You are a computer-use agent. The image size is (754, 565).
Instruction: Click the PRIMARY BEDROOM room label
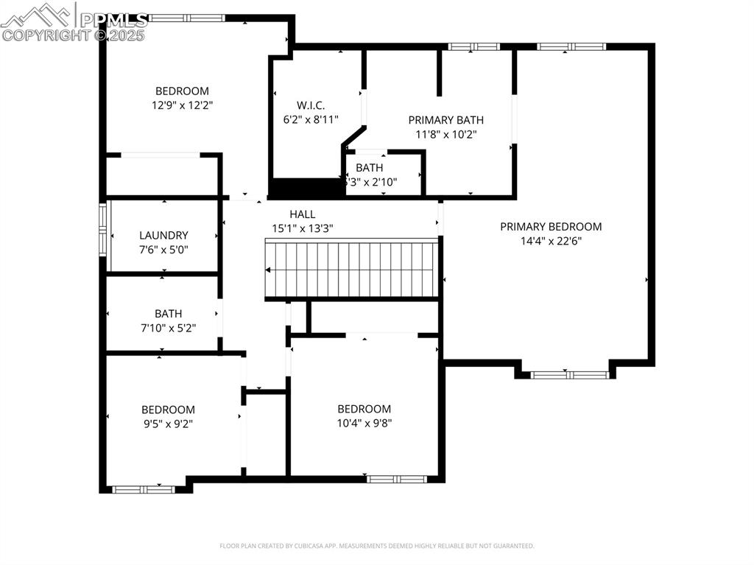[551, 227]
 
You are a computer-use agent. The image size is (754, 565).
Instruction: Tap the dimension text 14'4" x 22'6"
[551, 240]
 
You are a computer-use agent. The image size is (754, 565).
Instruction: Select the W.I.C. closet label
[311, 105]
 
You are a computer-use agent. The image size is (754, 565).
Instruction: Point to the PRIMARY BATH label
[446, 120]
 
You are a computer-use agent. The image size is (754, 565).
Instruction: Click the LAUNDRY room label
[163, 236]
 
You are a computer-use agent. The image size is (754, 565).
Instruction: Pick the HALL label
[302, 214]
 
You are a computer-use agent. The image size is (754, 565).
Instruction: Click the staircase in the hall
[352, 269]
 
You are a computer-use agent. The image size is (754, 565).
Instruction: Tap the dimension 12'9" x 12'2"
[182, 105]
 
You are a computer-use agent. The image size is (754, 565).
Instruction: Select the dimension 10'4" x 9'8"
[364, 423]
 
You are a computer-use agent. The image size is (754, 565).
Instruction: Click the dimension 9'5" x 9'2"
[168, 424]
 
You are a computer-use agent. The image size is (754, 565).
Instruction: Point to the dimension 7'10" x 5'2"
[168, 327]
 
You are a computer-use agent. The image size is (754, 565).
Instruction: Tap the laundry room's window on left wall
[104, 230]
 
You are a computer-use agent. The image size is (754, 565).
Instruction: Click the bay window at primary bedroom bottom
[569, 375]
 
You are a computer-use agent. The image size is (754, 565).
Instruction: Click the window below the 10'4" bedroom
[397, 479]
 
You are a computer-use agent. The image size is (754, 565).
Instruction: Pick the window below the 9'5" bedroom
[144, 489]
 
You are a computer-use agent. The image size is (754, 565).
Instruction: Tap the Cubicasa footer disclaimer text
[376, 546]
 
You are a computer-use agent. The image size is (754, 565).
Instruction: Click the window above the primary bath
[474, 47]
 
